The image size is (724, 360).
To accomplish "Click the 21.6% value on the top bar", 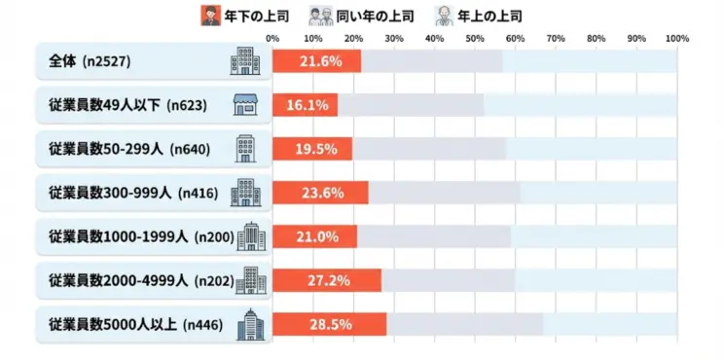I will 316,61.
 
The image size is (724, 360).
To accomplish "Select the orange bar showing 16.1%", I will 305,105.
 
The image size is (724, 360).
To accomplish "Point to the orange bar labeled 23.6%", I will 320,193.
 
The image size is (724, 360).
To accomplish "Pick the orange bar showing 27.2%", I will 327,280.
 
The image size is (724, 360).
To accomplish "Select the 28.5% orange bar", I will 329,324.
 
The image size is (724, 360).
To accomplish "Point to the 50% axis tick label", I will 475,39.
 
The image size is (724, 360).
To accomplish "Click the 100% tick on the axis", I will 677,39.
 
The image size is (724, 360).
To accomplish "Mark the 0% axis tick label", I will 272,39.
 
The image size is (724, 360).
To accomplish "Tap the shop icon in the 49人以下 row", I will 244,105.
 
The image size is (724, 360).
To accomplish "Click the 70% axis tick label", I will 556,39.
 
